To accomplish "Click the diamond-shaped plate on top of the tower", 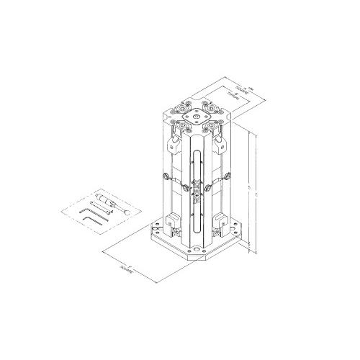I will pos(194,115).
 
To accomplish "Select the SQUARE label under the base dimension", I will pos(134,271).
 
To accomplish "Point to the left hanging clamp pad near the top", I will pos(174,143).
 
